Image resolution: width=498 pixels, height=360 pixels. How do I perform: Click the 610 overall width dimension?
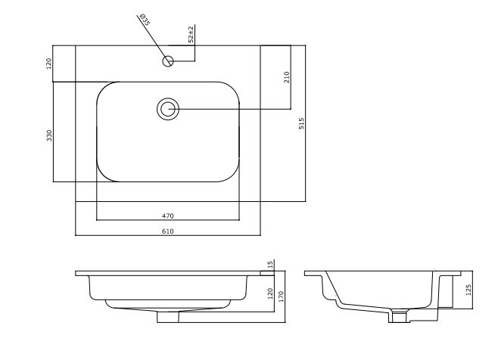pyautogui.click(x=168, y=231)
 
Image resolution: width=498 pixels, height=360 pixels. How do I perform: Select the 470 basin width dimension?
pyautogui.click(x=168, y=216)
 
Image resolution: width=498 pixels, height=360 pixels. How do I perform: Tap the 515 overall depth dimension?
pyautogui.click(x=301, y=123)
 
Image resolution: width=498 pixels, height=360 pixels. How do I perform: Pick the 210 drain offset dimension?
pyautogui.click(x=287, y=77)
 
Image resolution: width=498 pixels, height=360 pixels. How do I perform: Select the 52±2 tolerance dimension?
pyautogui.click(x=191, y=34)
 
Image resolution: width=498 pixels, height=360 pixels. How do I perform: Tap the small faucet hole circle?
pyautogui.click(x=168, y=60)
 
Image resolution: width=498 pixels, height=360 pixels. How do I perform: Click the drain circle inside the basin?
pyautogui.click(x=168, y=109)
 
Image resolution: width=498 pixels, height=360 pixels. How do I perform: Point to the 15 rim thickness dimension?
pyautogui.click(x=271, y=265)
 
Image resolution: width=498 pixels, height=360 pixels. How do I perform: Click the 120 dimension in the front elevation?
pyautogui.click(x=271, y=293)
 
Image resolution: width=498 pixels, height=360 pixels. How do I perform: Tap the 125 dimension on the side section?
pyautogui.click(x=469, y=290)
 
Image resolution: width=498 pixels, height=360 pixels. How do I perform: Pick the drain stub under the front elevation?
pyautogui.click(x=168, y=316)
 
